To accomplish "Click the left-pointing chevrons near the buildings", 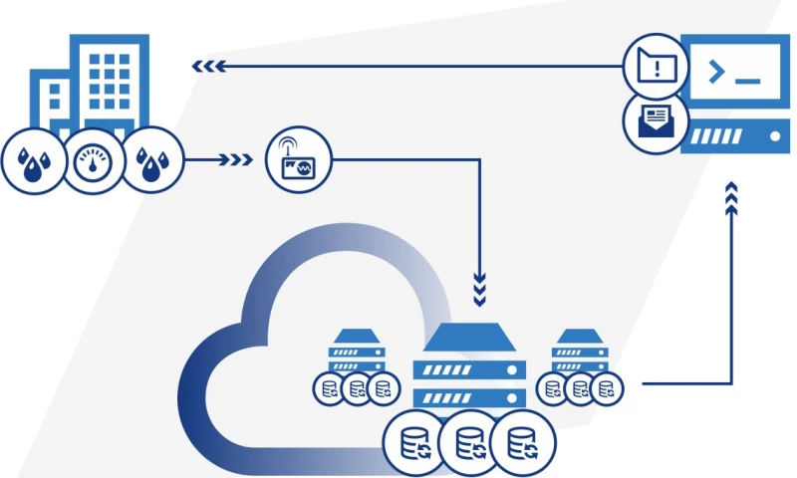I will coord(207,67).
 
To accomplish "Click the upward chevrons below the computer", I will coord(732,198).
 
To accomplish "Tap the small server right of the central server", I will coord(582,354).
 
